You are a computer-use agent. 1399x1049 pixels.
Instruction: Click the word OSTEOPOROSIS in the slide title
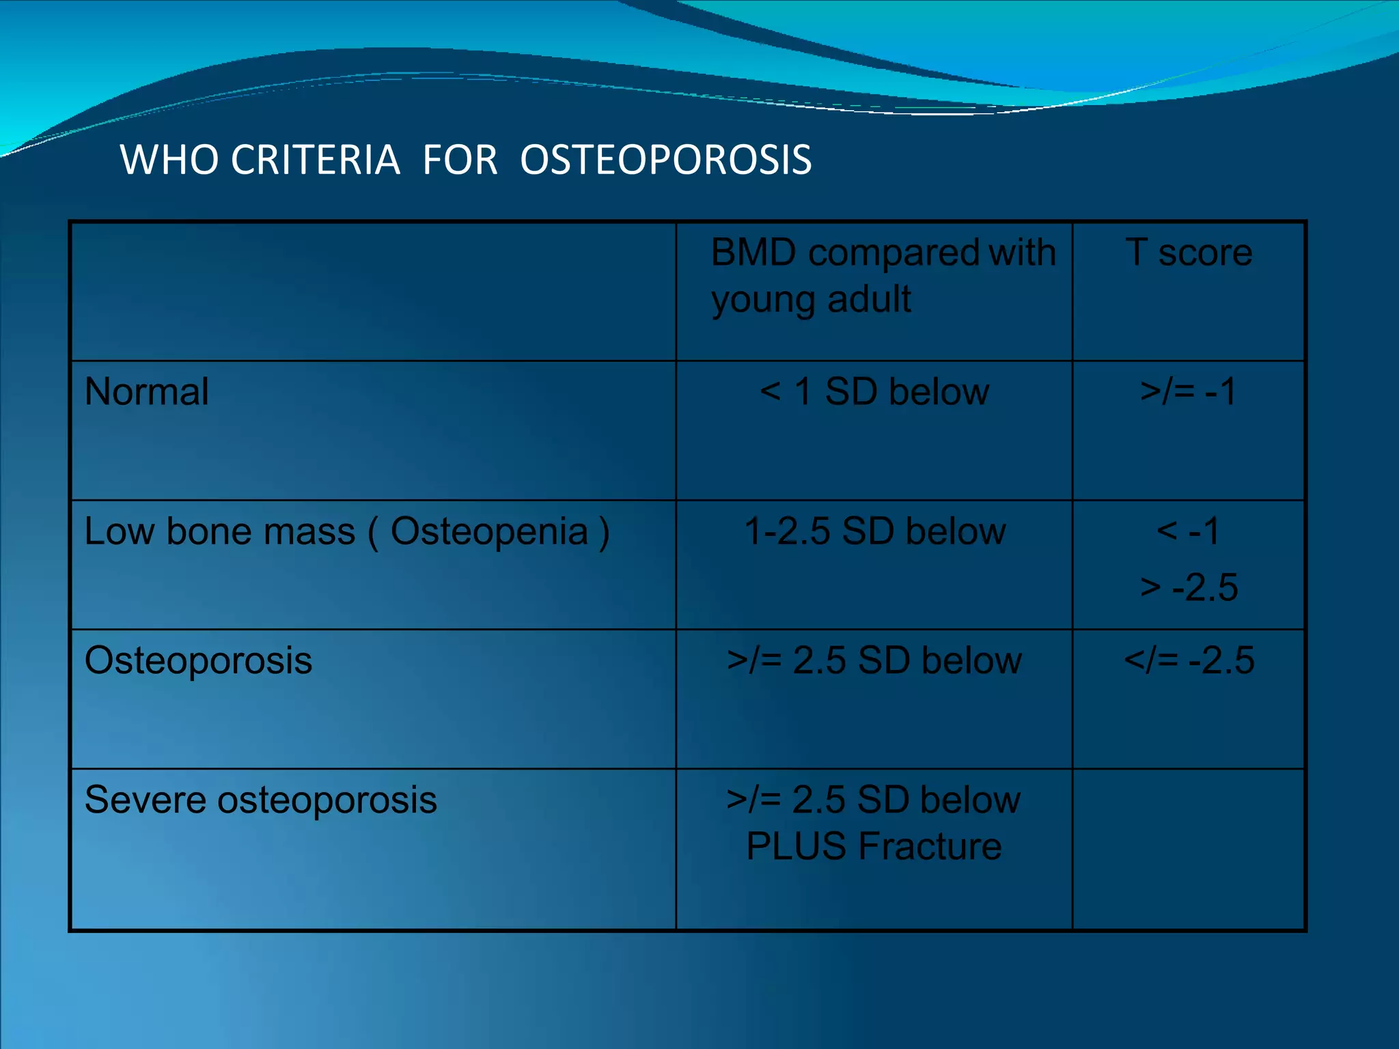(665, 160)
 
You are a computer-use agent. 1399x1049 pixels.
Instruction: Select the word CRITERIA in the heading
(315, 160)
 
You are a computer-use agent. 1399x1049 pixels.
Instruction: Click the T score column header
(1189, 253)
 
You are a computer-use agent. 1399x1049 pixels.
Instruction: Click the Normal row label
(146, 392)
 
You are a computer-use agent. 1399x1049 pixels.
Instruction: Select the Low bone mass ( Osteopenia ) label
(346, 532)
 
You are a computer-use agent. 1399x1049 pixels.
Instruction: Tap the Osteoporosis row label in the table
(198, 660)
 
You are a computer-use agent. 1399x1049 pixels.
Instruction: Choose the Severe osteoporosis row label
(260, 800)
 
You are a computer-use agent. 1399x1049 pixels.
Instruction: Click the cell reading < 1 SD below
(874, 392)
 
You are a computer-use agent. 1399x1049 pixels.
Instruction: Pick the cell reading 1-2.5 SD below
(874, 531)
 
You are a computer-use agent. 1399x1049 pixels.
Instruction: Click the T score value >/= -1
(1188, 392)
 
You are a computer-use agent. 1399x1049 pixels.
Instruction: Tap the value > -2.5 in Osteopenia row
(1189, 587)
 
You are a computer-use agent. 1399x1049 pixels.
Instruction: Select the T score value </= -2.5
(1189, 660)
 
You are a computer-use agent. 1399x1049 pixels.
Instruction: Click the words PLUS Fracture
(874, 847)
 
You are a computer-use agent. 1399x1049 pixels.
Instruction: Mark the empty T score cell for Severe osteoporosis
(1189, 849)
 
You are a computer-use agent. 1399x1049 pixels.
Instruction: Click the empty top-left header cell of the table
(373, 292)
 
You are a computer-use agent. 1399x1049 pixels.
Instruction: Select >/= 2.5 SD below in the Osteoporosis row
(874, 660)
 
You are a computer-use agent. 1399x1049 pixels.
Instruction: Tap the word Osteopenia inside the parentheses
(488, 532)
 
